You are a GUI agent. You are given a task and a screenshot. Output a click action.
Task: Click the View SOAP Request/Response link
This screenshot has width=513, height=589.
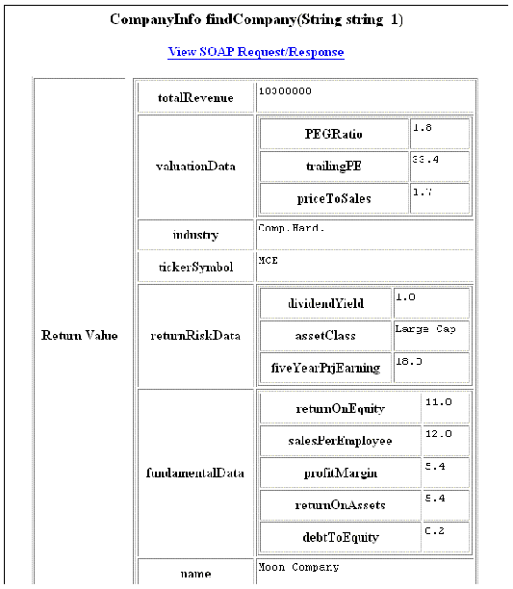(255, 52)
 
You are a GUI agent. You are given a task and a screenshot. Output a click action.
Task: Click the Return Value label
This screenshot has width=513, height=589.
(80, 335)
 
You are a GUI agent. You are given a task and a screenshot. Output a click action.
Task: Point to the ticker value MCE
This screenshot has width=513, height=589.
(268, 260)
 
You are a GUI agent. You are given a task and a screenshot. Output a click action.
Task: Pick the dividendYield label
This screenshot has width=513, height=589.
(325, 303)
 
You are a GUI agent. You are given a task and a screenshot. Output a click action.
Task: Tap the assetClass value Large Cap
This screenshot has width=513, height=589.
(424, 329)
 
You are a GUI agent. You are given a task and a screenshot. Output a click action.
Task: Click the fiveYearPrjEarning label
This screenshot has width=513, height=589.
(325, 367)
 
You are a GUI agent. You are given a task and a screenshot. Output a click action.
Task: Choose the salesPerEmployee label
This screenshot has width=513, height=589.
(341, 440)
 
